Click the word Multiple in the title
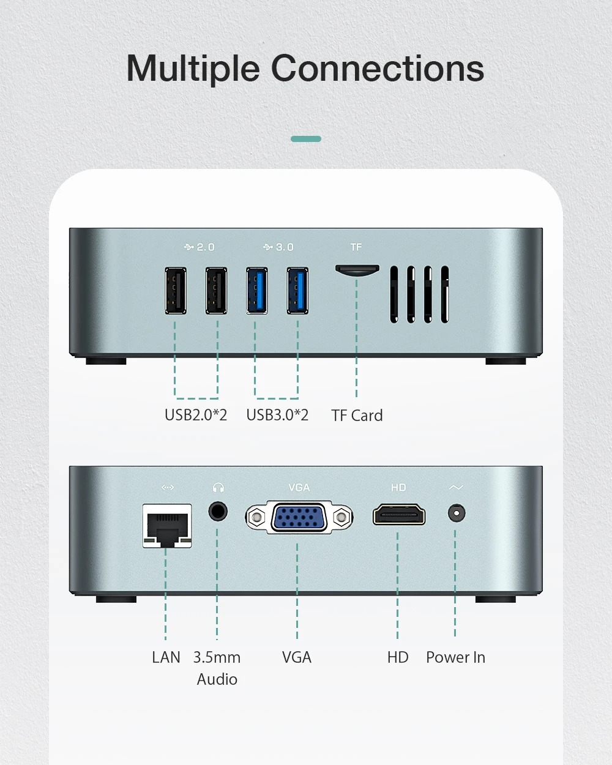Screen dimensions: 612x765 pyautogui.click(x=193, y=69)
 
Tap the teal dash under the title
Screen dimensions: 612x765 pyautogui.click(x=306, y=139)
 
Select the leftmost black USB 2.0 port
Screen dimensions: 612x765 pyautogui.click(x=175, y=291)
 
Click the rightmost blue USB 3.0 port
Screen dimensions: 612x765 pyautogui.click(x=297, y=291)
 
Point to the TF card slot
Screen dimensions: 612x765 pyautogui.click(x=357, y=270)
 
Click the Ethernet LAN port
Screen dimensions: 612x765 pyautogui.click(x=167, y=526)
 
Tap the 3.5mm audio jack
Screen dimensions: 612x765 pyautogui.click(x=218, y=512)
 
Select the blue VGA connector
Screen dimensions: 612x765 pyautogui.click(x=299, y=517)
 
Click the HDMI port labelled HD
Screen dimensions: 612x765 pyautogui.click(x=398, y=515)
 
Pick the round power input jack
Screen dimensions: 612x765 pyautogui.click(x=456, y=513)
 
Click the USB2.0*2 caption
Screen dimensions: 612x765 pyautogui.click(x=196, y=415)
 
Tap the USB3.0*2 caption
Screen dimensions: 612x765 pyautogui.click(x=277, y=415)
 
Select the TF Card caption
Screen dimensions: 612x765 pyautogui.click(x=357, y=415)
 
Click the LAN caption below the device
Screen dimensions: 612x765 pyautogui.click(x=166, y=657)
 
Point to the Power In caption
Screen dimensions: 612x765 pyautogui.click(x=455, y=657)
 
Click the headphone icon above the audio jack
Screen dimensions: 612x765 pyautogui.click(x=218, y=487)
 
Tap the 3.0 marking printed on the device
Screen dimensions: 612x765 pyautogui.click(x=285, y=247)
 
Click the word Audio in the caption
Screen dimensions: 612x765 pyautogui.click(x=217, y=679)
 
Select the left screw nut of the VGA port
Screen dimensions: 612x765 pyautogui.click(x=256, y=518)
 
